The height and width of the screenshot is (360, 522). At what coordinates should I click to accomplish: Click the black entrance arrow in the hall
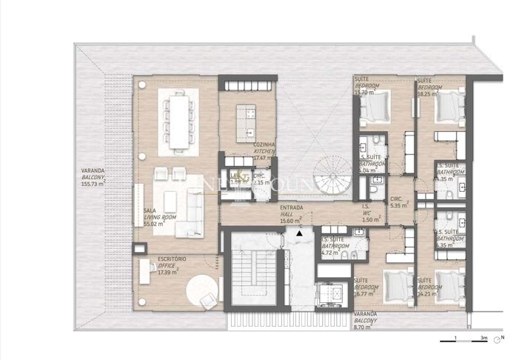pos(298,234)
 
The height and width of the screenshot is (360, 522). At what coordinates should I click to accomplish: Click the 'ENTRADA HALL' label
pos(291,215)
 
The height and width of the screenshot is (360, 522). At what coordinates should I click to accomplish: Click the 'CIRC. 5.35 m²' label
pos(397,201)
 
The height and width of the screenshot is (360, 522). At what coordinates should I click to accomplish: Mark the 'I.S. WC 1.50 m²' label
pos(369,215)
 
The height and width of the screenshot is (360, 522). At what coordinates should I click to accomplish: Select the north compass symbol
pos(503,338)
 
